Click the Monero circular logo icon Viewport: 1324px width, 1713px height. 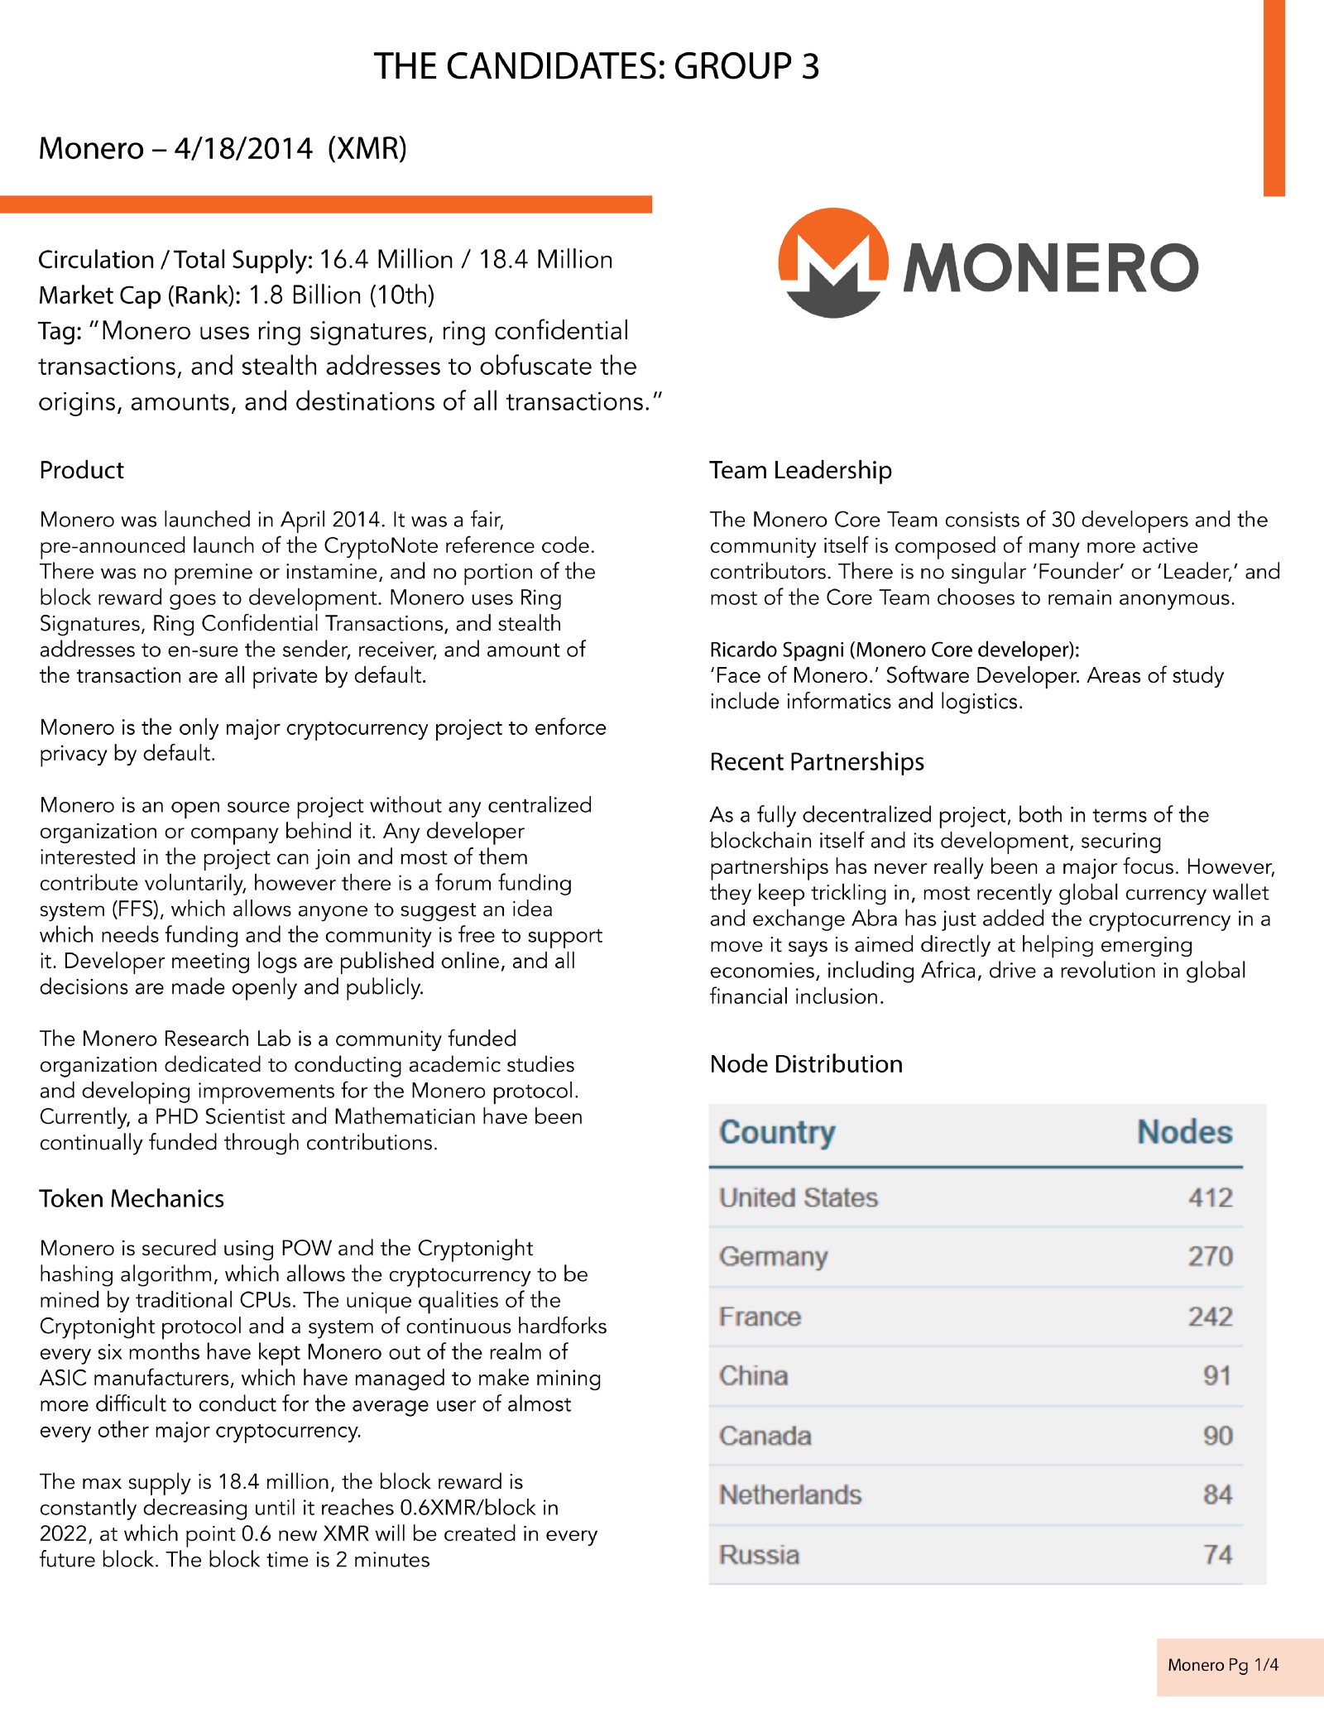833,262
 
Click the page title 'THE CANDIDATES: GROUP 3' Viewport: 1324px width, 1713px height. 596,66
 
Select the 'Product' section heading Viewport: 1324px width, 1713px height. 81,470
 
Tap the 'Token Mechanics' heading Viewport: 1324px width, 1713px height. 132,1198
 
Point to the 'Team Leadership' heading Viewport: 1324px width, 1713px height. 800,470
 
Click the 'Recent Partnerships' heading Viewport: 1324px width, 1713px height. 817,761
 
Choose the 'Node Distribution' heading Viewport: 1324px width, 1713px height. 806,1063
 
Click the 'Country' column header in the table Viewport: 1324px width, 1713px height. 777,1132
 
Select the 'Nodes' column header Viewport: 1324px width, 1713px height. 1184,1132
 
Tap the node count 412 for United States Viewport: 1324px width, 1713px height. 1210,1197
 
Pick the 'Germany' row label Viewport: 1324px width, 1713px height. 773,1256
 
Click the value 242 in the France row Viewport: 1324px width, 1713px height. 1210,1317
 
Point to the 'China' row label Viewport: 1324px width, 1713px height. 753,1375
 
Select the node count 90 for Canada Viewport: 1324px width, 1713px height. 1217,1436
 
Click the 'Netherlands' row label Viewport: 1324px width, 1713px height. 790,1495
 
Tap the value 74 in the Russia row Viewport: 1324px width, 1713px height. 1217,1555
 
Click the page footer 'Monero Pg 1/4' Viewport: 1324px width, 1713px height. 1222,1665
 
